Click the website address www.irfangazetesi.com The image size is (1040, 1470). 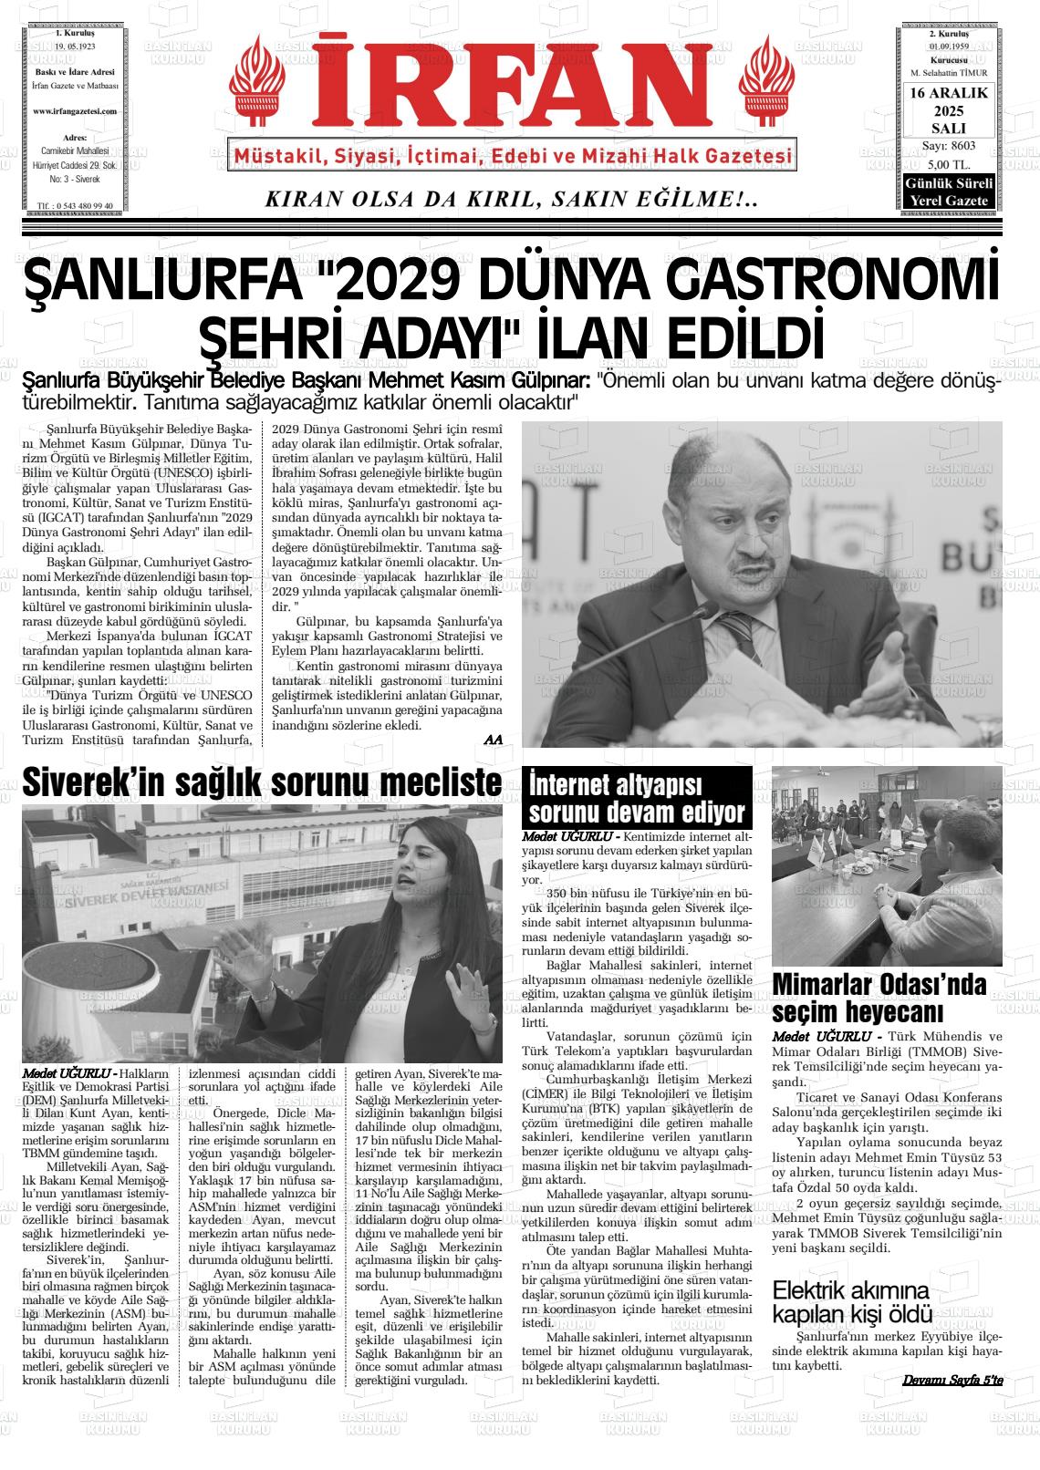(75, 110)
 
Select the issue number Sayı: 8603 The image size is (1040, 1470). (948, 146)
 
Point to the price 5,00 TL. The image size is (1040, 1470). (948, 164)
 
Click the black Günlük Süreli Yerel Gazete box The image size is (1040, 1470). (948, 192)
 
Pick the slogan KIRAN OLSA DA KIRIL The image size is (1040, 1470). (511, 200)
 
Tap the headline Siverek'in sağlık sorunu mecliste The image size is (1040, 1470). (262, 782)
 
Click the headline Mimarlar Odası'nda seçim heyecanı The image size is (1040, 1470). (879, 998)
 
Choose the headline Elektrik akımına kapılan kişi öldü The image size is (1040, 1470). (852, 1302)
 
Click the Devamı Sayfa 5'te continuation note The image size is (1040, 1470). (952, 1381)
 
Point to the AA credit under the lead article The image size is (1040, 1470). (494, 739)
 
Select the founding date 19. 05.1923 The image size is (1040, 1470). (75, 45)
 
